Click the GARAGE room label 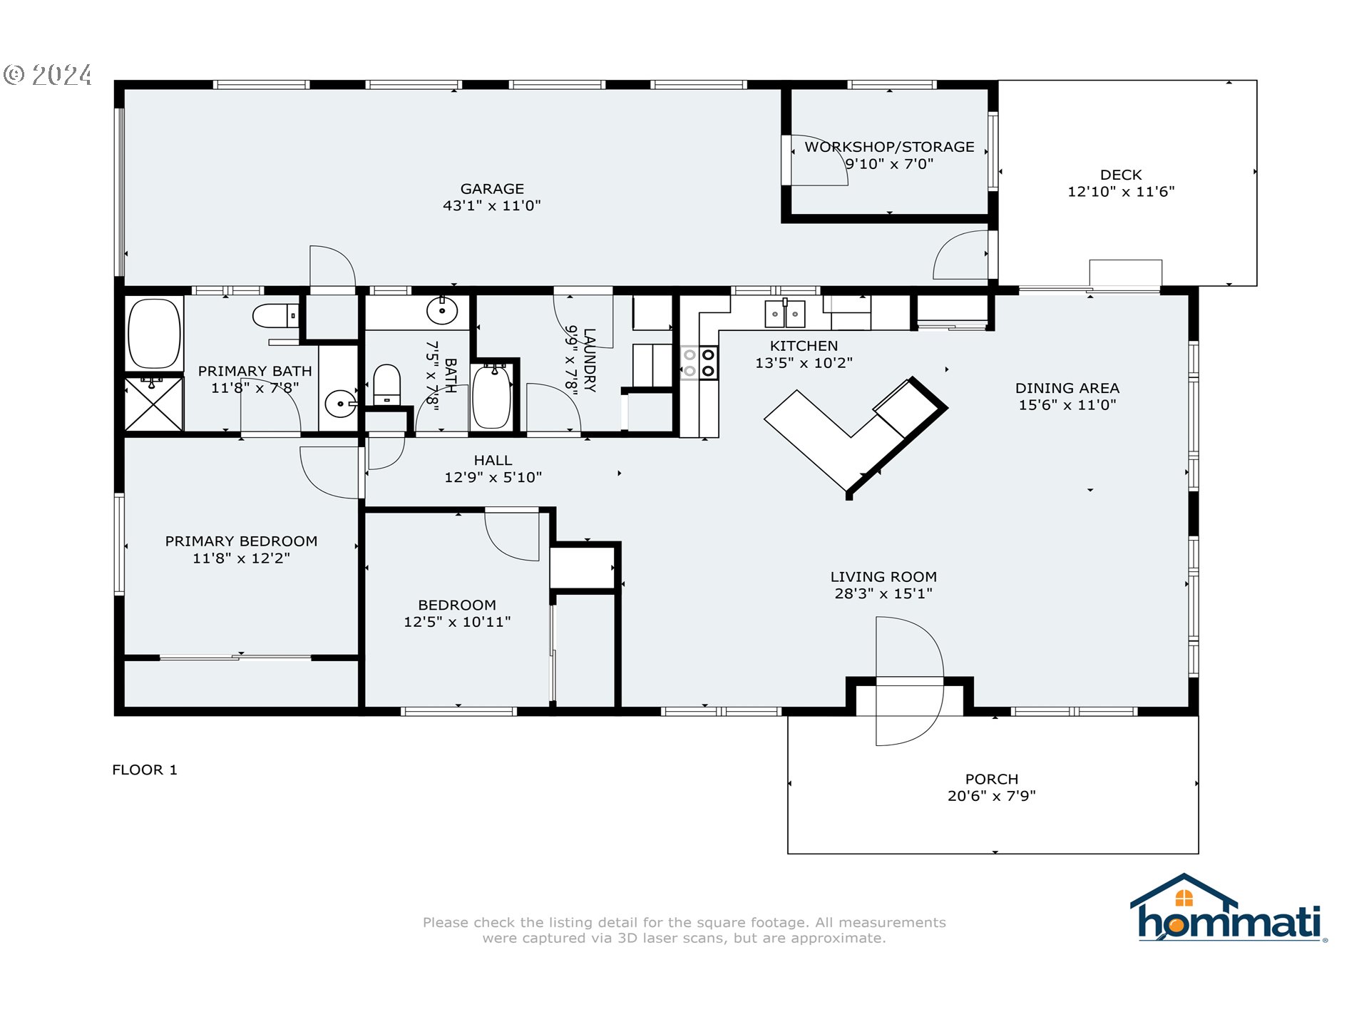pos(492,189)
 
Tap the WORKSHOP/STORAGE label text pos(889,147)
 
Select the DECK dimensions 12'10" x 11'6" pos(1121,192)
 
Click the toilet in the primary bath pos(275,315)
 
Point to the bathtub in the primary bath pos(154,333)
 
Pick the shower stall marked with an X pos(154,404)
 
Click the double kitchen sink pos(784,314)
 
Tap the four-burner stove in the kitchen pos(699,362)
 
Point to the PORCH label pos(991,779)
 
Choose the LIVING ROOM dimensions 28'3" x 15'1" pos(883,593)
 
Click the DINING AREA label pos(1067,388)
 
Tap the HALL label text pos(493,461)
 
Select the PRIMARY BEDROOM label pos(241,541)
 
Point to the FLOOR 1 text pos(145,770)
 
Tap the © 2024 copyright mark pos(48,75)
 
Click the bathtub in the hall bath pos(492,397)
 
